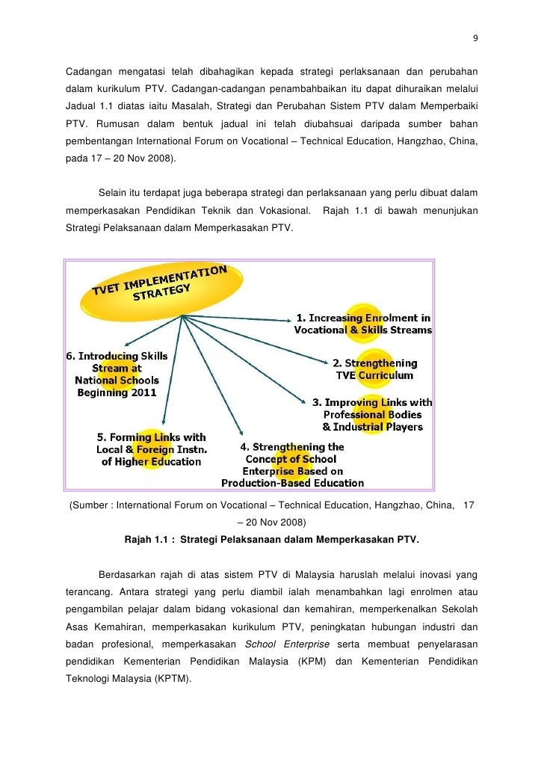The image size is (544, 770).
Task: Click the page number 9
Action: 476,39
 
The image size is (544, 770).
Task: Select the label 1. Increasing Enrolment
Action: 363,324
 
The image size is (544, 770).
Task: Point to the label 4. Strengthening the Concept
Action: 292,465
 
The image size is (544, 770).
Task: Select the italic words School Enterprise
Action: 289,644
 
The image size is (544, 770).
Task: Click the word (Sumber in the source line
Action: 90,505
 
